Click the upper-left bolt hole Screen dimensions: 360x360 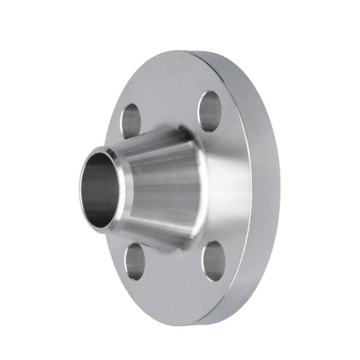131,121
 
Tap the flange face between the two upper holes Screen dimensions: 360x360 169,94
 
